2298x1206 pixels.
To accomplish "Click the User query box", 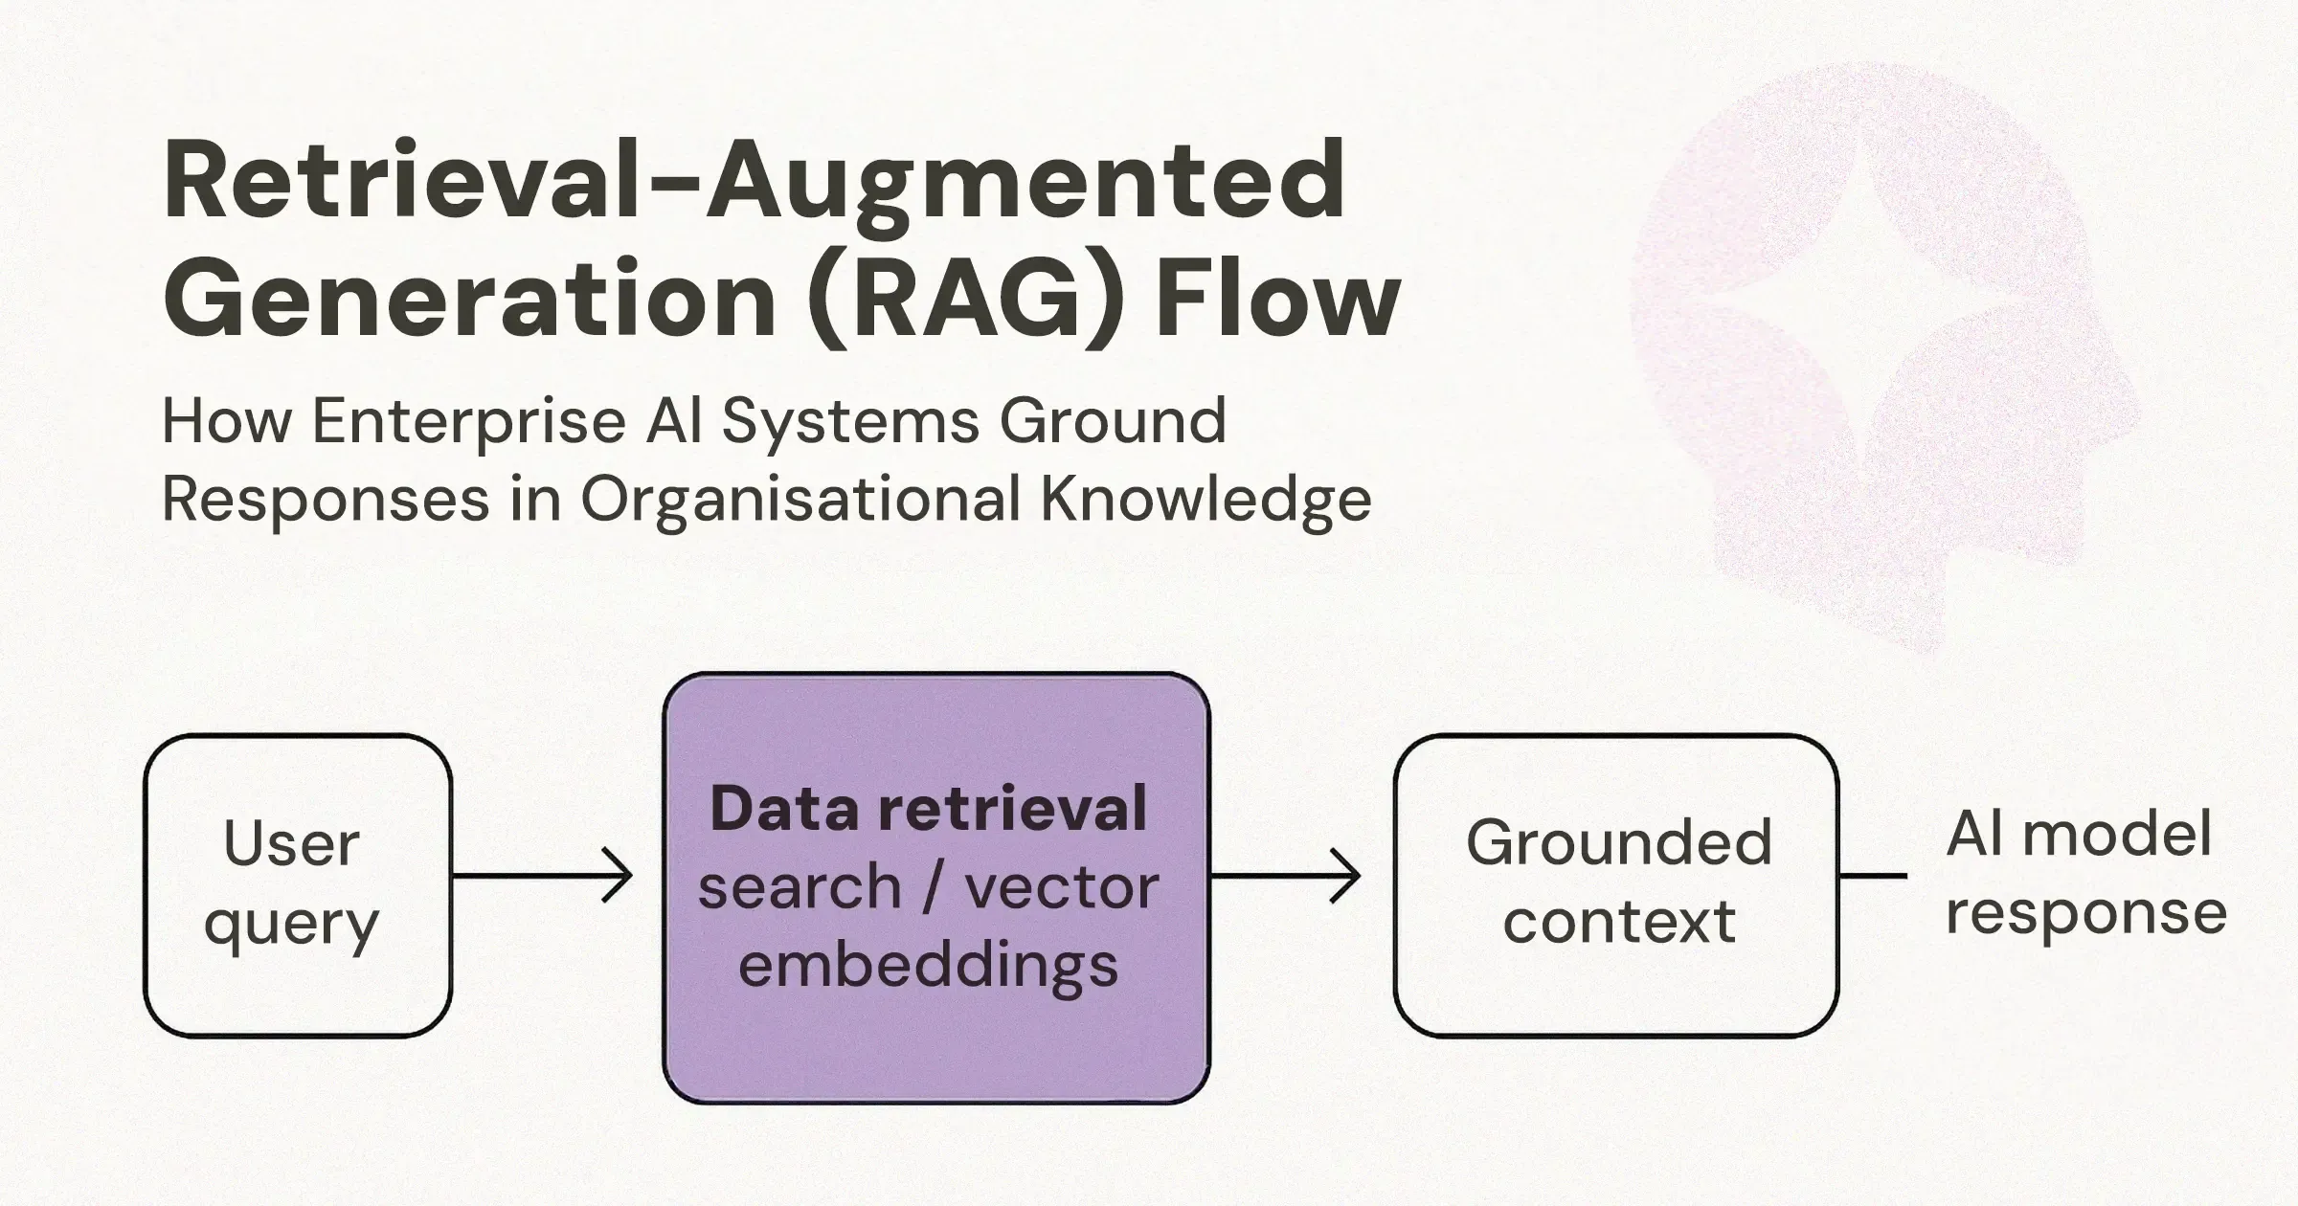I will (297, 885).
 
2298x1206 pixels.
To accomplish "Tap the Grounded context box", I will (1615, 885).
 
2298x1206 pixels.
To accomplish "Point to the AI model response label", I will (2084, 873).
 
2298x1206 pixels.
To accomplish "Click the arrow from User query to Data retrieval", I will (542, 875).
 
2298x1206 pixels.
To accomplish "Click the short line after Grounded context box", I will (1873, 875).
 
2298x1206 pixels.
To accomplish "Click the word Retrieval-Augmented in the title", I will (754, 182).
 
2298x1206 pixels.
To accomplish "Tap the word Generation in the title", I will (469, 299).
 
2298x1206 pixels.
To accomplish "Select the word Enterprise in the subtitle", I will (469, 421).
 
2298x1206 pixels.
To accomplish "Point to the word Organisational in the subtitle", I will (800, 500).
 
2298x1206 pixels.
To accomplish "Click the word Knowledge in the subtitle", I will (1205, 500).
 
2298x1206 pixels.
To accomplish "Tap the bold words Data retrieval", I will (928, 809).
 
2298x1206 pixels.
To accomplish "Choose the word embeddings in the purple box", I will (928, 965).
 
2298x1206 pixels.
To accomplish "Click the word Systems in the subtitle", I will (847, 421).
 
